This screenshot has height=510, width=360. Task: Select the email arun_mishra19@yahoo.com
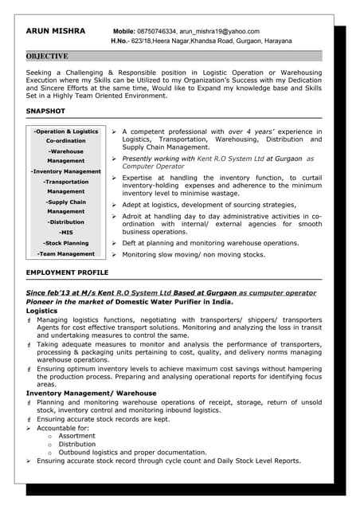[x=226, y=31]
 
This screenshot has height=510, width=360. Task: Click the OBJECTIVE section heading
[x=47, y=57]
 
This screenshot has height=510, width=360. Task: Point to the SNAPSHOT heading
[x=45, y=112]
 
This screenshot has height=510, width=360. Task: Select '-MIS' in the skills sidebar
[x=66, y=233]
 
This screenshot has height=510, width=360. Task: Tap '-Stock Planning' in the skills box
[x=66, y=243]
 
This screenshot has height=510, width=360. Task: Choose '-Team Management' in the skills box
[x=66, y=254]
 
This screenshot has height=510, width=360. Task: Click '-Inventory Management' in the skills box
[x=66, y=171]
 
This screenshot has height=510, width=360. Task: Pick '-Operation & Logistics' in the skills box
[x=66, y=131]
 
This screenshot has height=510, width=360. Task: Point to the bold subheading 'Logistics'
[x=42, y=311]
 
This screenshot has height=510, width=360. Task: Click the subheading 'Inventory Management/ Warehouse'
[x=91, y=394]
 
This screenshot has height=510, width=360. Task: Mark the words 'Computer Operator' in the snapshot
[x=154, y=166]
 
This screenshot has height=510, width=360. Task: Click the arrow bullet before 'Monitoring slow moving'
[x=115, y=255]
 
